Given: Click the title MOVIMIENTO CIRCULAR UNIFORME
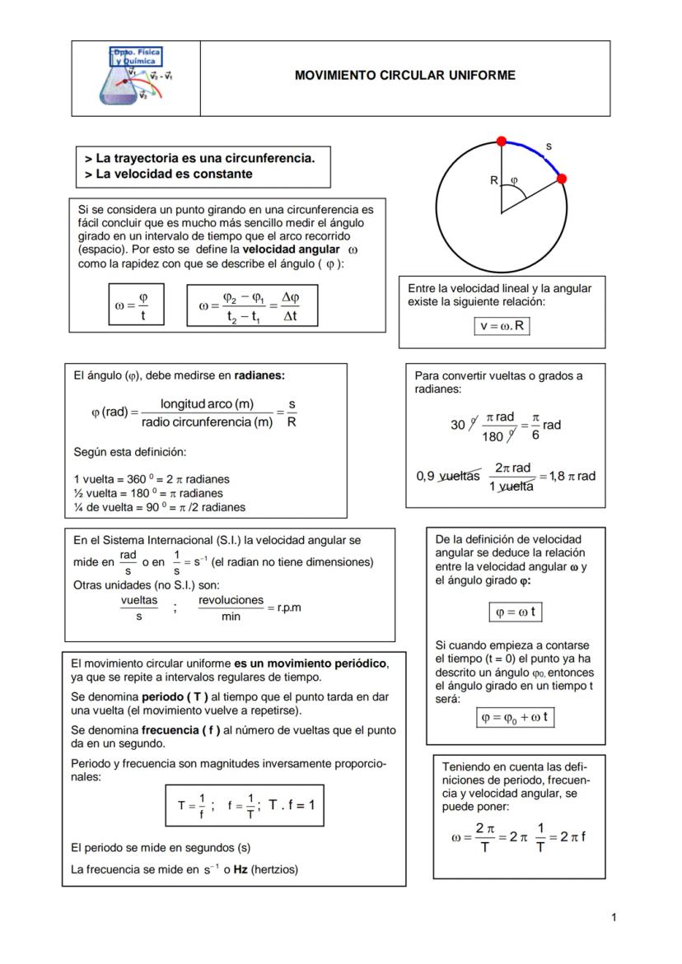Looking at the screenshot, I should pyautogui.click(x=404, y=76).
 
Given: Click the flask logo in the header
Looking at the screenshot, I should pyautogui.click(x=135, y=77).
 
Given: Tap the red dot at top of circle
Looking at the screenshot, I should pyautogui.click(x=500, y=141).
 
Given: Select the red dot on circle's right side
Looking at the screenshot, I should pyautogui.click(x=562, y=179).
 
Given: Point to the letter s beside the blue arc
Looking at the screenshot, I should pyautogui.click(x=549, y=147).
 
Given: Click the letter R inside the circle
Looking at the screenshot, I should pyautogui.click(x=493, y=180).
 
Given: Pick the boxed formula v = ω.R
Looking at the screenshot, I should pyautogui.click(x=502, y=326).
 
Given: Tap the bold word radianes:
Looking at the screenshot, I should pyautogui.click(x=259, y=375).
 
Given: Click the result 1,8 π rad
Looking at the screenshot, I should pyautogui.click(x=573, y=476).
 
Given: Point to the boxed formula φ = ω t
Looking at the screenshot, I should pyautogui.click(x=516, y=612).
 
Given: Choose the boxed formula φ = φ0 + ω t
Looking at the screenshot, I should pyautogui.click(x=516, y=717).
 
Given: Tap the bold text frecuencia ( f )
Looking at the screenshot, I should pyautogui.click(x=175, y=730).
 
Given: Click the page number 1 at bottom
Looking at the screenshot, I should pyautogui.click(x=614, y=916).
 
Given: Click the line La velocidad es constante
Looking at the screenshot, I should pyautogui.click(x=168, y=175).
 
